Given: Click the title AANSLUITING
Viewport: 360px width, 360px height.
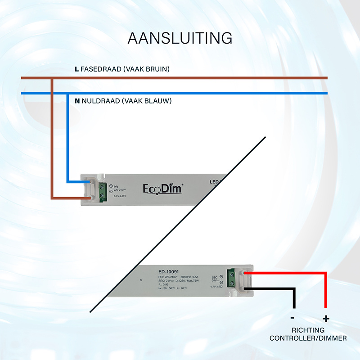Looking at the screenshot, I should (x=180, y=38).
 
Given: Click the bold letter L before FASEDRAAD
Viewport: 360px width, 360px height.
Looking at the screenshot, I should (x=76, y=69).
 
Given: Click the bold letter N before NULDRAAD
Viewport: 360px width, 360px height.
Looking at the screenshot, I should (x=77, y=101).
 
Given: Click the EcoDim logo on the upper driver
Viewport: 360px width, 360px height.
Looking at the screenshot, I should (x=163, y=188).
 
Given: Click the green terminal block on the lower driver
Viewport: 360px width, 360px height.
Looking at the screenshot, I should (x=233, y=278).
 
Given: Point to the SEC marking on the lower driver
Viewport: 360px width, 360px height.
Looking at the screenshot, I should (x=214, y=276).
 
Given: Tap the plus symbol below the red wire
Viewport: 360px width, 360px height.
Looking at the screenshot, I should (x=326, y=319).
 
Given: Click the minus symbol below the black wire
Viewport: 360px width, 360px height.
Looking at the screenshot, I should (x=293, y=318).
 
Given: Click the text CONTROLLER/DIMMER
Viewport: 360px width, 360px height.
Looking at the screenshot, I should (x=308, y=338).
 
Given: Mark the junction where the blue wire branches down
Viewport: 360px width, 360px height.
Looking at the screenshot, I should (x=67, y=93).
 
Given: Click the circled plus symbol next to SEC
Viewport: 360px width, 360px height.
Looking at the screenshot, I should (x=221, y=276).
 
